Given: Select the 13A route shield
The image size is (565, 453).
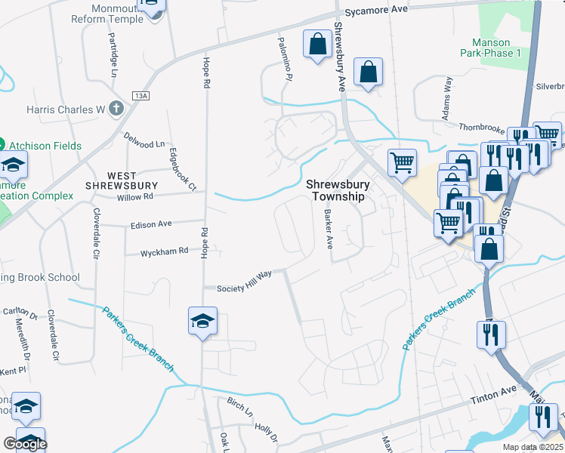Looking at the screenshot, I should [x=140, y=96].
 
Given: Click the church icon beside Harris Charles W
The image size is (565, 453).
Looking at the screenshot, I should [x=116, y=109].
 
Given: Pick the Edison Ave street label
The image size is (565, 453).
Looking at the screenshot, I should [x=151, y=224].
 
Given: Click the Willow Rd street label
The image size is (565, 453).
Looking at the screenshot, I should [x=135, y=198].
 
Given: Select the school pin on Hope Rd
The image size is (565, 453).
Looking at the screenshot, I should [x=202, y=322].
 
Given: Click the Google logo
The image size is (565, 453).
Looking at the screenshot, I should [x=25, y=444].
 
